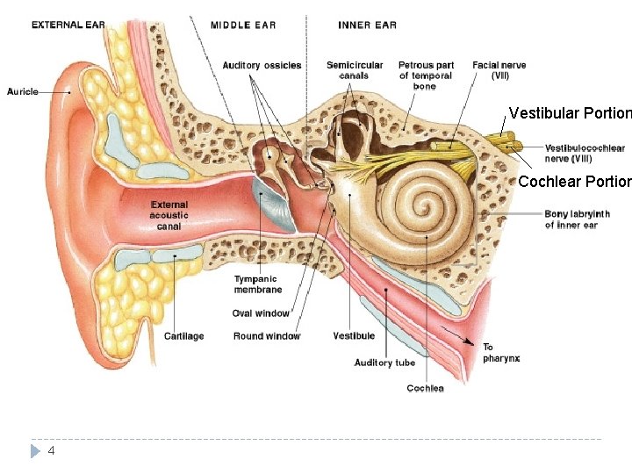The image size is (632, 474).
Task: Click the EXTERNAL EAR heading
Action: point(68,25)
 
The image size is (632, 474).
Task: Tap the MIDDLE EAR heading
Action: point(243,25)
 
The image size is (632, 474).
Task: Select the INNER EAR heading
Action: point(367,25)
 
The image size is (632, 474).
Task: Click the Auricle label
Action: point(23,91)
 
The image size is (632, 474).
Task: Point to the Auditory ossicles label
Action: point(262,65)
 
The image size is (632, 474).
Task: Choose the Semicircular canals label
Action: point(355,70)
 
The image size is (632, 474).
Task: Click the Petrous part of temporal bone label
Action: point(426,75)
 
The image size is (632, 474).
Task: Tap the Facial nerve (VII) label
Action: point(499,70)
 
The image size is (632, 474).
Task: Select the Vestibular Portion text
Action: point(570,113)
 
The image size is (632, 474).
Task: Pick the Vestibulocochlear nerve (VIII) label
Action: point(585,154)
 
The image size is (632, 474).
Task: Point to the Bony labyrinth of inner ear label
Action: point(577,219)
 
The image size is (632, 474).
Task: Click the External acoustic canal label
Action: point(169,216)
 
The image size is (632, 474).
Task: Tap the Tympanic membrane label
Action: point(258,284)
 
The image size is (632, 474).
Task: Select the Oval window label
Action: point(261,313)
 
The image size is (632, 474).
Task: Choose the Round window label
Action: point(267,336)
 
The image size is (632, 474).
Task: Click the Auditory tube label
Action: point(384,363)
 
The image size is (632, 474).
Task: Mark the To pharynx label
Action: point(501,353)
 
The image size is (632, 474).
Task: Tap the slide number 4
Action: point(51,450)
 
